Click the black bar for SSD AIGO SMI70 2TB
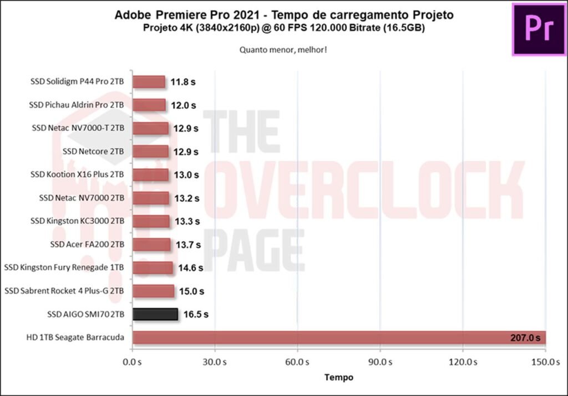[x=155, y=315]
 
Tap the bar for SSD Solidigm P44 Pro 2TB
[x=149, y=82]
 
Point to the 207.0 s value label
[x=525, y=338]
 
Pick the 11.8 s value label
[x=183, y=82]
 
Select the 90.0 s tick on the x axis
[x=380, y=362]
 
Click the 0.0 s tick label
[x=132, y=362]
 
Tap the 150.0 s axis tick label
[x=545, y=362]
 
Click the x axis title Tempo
[x=338, y=377]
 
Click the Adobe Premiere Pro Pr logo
[x=539, y=29]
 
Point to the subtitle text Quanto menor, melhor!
[x=283, y=49]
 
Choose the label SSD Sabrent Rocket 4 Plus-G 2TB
[x=64, y=291]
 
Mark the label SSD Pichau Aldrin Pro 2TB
[x=77, y=105]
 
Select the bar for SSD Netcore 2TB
[x=150, y=151]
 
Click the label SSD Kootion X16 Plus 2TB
[x=77, y=174]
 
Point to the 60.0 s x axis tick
[x=297, y=362]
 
